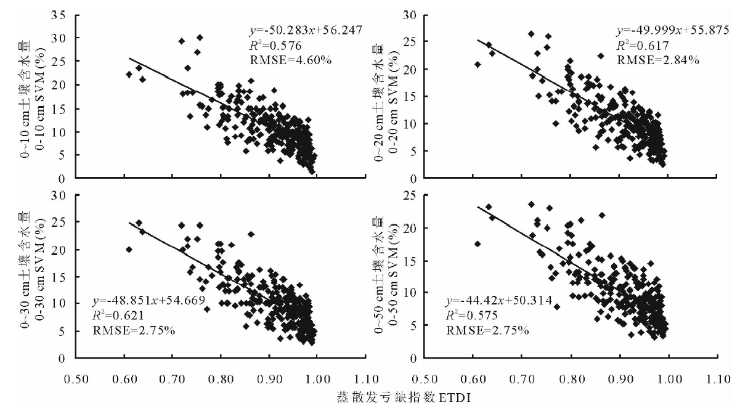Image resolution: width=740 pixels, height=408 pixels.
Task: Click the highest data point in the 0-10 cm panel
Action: (x=200, y=38)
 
